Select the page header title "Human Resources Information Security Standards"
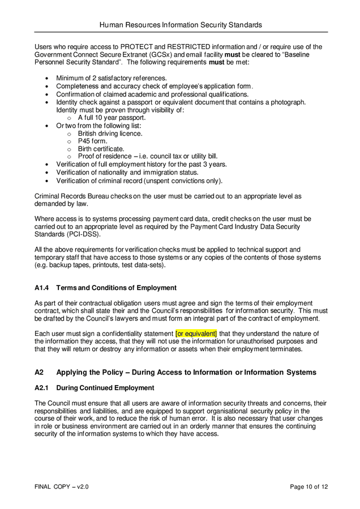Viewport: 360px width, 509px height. click(x=181, y=25)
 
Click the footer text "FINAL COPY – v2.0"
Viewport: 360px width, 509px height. click(x=61, y=486)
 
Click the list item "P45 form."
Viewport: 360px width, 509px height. click(x=92, y=141)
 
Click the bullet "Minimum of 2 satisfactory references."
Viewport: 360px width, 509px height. click(x=112, y=78)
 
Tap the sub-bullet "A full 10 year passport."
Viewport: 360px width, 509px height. click(x=112, y=118)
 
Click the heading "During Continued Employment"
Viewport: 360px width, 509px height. click(x=105, y=388)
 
